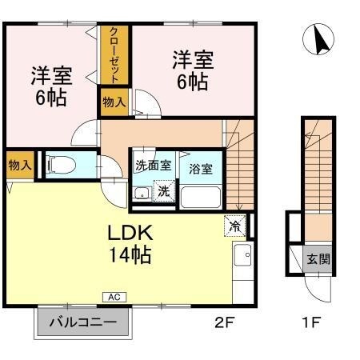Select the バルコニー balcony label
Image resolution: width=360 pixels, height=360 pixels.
(82, 324)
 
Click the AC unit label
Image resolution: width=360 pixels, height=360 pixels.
(114, 297)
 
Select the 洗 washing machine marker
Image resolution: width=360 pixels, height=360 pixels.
(163, 192)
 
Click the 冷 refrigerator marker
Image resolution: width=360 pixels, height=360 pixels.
(234, 226)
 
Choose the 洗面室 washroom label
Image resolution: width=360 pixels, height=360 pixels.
(151, 166)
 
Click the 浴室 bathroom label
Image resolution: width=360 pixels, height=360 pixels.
(200, 169)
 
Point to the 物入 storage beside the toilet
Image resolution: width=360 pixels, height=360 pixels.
(19, 166)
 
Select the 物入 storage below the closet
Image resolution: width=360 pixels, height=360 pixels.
(114, 102)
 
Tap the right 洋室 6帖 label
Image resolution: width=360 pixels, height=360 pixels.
(192, 70)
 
